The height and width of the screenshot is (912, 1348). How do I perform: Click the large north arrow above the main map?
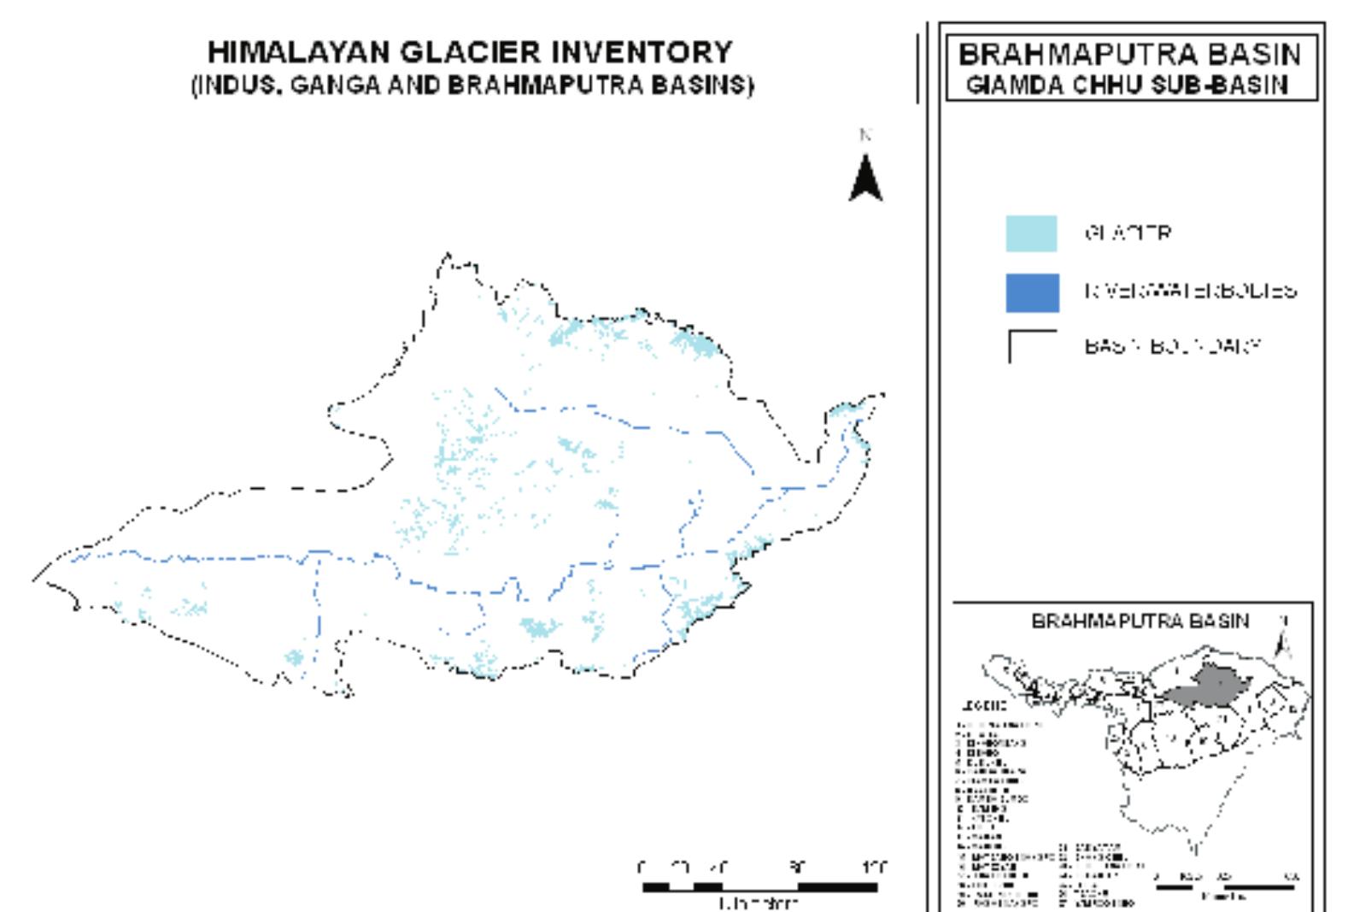[x=865, y=177]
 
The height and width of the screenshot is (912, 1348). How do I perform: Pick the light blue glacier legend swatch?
[x=1031, y=233]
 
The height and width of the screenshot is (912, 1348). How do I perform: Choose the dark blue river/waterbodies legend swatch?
[x=1032, y=292]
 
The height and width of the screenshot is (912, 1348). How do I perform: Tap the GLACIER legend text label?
[x=1128, y=232]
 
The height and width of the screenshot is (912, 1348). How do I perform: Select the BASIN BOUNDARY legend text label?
[x=1173, y=346]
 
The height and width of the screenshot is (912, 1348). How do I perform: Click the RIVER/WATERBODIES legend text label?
[x=1191, y=291]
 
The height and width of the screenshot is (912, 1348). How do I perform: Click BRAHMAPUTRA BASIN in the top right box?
[x=1129, y=54]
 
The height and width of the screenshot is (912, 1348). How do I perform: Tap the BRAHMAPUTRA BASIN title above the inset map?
[x=1140, y=621]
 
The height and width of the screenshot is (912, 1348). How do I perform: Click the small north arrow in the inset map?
[x=1282, y=637]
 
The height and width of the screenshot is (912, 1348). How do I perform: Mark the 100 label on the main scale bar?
[x=875, y=868]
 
